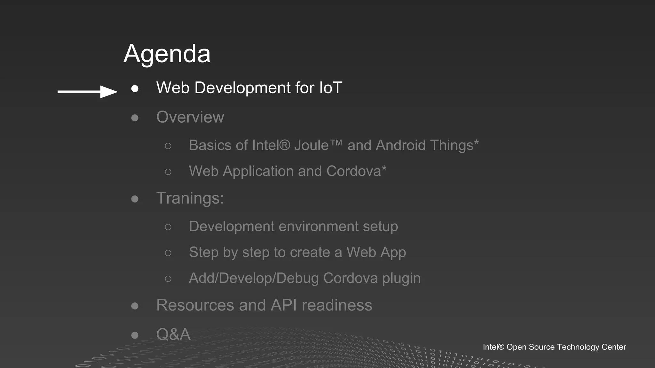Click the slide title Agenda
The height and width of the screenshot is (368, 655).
(x=167, y=54)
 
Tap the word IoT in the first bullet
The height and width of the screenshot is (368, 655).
(x=330, y=88)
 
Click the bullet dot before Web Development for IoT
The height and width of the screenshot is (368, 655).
(x=135, y=88)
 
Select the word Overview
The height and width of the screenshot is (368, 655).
(x=190, y=117)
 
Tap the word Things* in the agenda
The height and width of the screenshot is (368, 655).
(x=454, y=145)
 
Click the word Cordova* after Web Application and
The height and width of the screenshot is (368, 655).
(x=356, y=171)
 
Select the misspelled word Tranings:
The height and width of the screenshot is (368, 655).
(x=190, y=198)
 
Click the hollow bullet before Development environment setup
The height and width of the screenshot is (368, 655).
(x=168, y=227)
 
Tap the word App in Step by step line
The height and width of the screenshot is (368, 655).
(x=392, y=253)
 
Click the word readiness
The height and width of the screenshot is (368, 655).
(x=337, y=305)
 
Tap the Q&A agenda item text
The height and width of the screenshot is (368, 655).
(x=173, y=334)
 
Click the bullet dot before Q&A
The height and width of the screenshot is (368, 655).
(x=135, y=335)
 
